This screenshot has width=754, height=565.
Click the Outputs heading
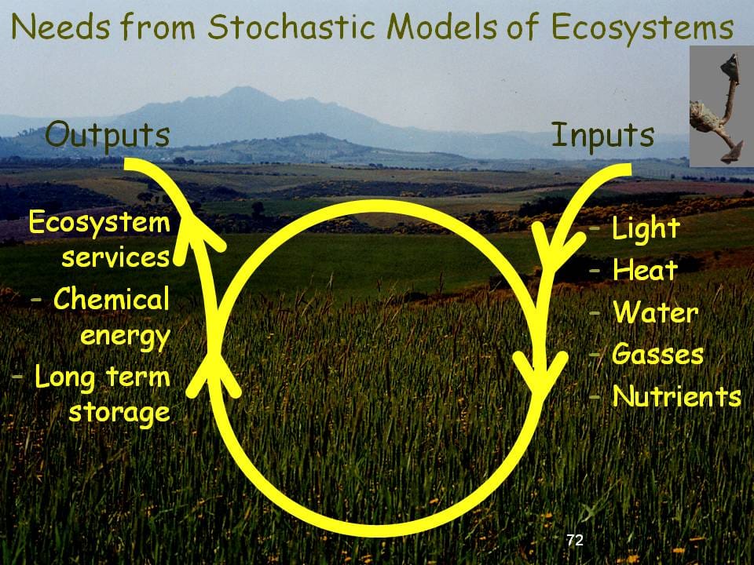tap(108, 135)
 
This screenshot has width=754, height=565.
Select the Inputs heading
tap(602, 135)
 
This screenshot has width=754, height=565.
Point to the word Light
tap(646, 229)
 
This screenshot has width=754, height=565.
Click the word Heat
tap(645, 271)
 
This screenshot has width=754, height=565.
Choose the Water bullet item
tap(655, 313)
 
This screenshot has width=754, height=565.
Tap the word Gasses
tap(657, 354)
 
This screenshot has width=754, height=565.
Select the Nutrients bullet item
tap(676, 396)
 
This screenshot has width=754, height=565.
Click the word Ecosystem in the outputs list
tap(100, 223)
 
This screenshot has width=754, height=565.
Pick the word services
tap(116, 257)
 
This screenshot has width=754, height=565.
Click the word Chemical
tap(112, 299)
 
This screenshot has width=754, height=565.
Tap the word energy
tap(126, 337)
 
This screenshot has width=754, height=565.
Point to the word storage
tap(119, 411)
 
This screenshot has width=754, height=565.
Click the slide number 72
tap(575, 540)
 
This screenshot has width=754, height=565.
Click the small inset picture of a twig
tap(721, 106)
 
